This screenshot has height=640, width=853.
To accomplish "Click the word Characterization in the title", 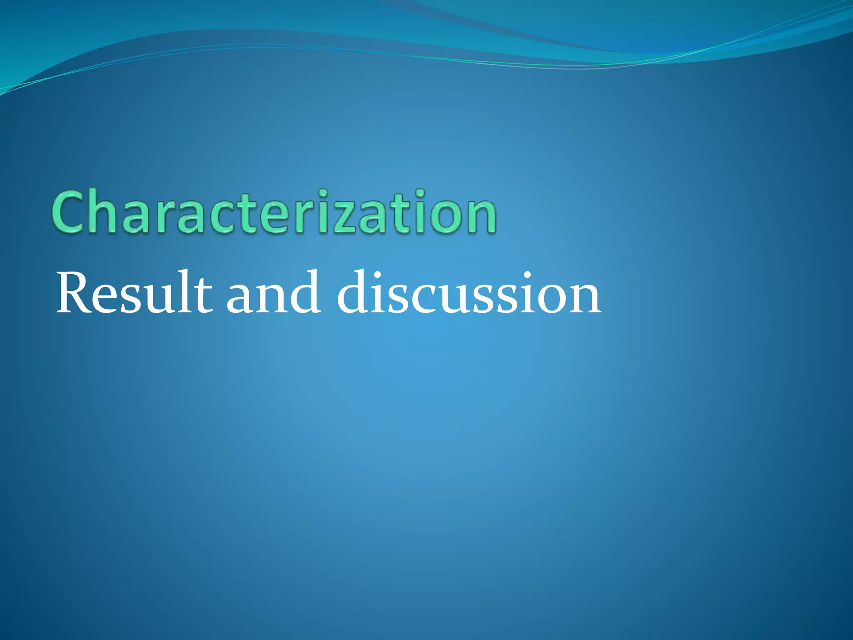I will click(274, 212).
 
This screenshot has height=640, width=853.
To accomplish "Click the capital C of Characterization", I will click(69, 212).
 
